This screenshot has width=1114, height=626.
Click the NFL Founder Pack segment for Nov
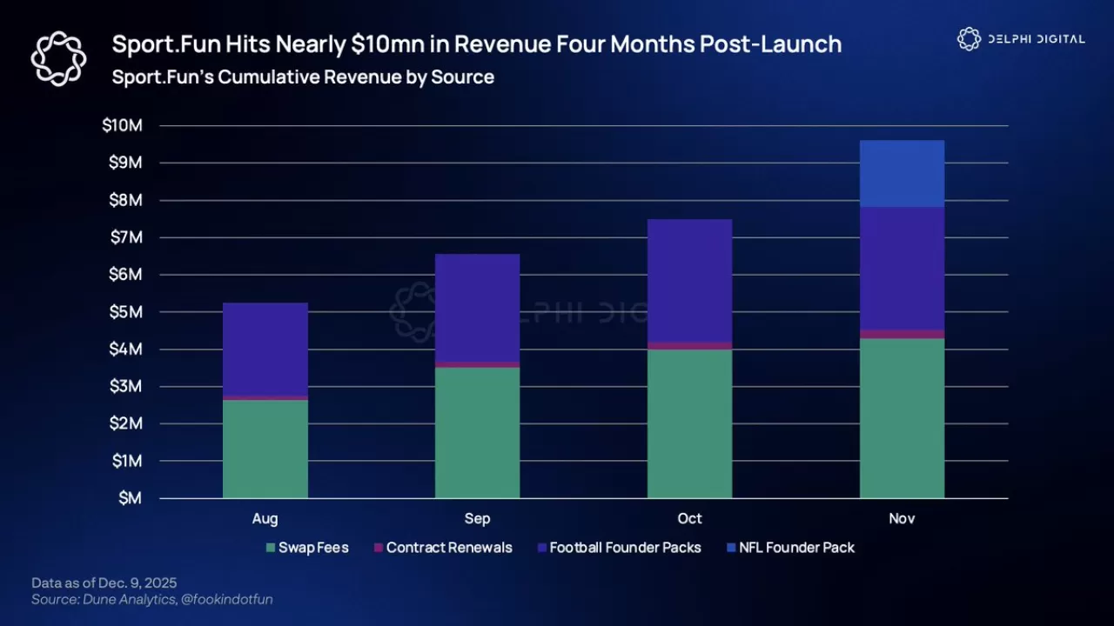pyautogui.click(x=902, y=174)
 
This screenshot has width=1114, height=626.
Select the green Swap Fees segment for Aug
pyautogui.click(x=265, y=449)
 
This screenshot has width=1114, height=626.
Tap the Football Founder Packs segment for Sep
pyautogui.click(x=477, y=308)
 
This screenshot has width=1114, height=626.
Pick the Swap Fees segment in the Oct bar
pyautogui.click(x=689, y=423)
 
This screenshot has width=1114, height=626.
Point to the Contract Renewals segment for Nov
pyautogui.click(x=902, y=334)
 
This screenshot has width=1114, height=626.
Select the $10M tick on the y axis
pyautogui.click(x=122, y=126)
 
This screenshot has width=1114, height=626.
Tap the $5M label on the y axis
pyautogui.click(x=124, y=312)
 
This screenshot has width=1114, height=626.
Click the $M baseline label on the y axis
pyautogui.click(x=130, y=498)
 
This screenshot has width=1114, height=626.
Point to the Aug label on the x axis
pyautogui.click(x=265, y=519)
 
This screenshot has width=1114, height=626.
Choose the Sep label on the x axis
pyautogui.click(x=477, y=519)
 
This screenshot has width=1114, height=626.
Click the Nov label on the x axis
pyautogui.click(x=902, y=519)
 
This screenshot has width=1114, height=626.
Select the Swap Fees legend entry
pyautogui.click(x=307, y=548)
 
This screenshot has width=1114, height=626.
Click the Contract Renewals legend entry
pyautogui.click(x=443, y=548)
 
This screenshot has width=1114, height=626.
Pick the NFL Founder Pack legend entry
pyautogui.click(x=790, y=548)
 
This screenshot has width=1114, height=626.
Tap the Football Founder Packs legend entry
pyautogui.click(x=619, y=548)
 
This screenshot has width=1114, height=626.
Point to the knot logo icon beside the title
pyautogui.click(x=58, y=58)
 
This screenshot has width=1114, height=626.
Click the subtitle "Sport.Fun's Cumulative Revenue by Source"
pyautogui.click(x=303, y=77)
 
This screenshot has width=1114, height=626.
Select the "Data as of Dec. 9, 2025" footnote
pyautogui.click(x=104, y=583)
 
